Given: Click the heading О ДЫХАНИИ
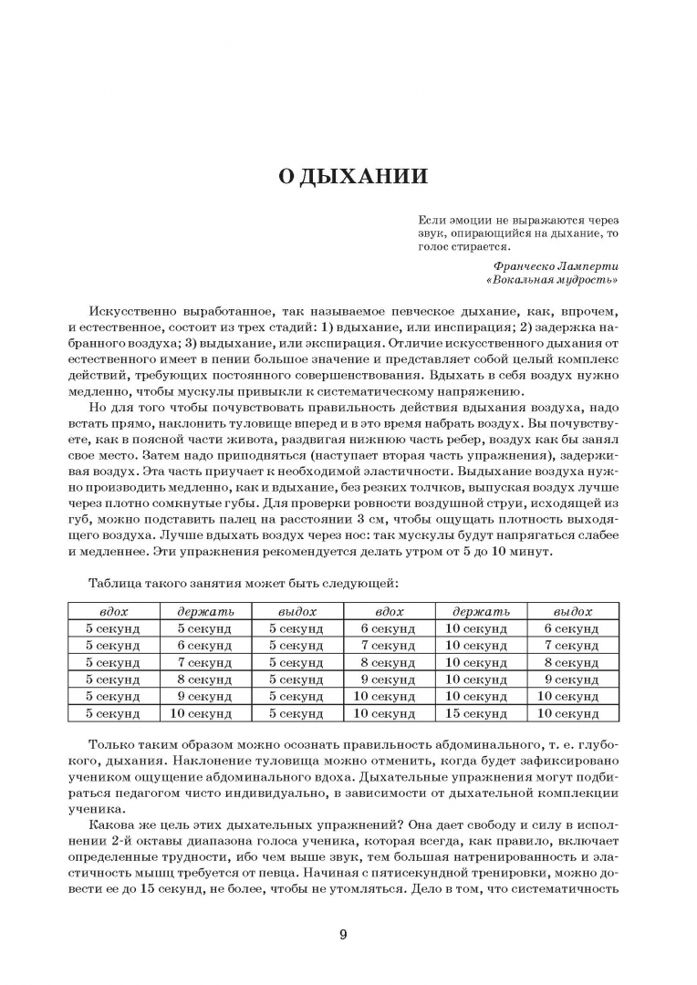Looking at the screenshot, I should point(352,177).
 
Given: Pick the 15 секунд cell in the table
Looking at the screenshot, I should point(476,713).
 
